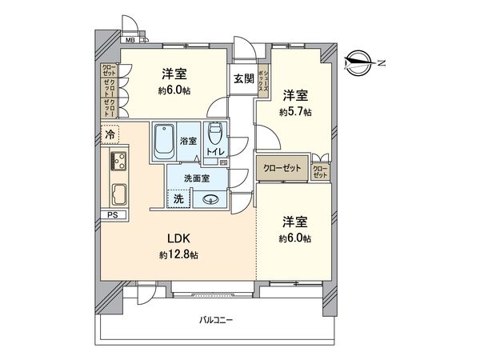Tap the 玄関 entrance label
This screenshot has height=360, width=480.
[244, 78]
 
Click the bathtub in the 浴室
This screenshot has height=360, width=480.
[163, 139]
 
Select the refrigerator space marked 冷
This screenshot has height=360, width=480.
[109, 136]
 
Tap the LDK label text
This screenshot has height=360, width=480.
[178, 238]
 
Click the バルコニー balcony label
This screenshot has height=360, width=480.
[215, 321]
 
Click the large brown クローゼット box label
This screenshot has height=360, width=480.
[281, 168]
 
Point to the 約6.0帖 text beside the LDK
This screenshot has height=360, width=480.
[295, 238]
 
